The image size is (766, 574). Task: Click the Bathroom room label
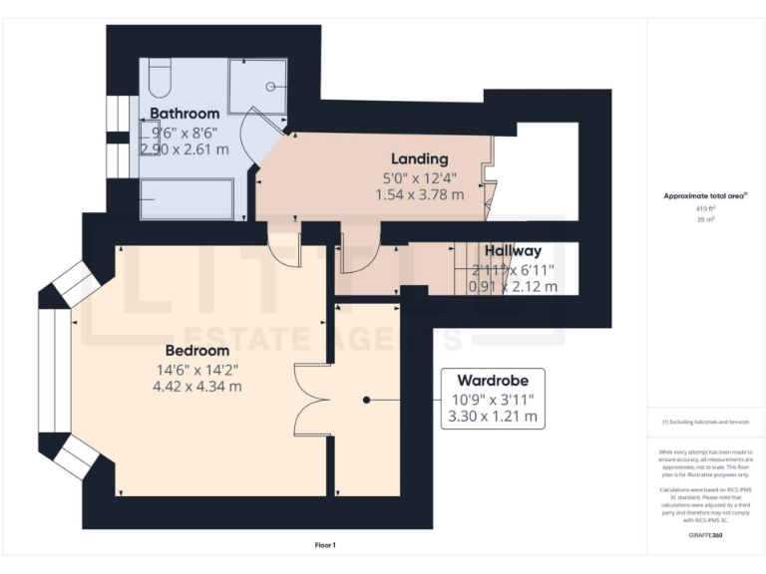point(185,114)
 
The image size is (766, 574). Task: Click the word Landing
point(419,158)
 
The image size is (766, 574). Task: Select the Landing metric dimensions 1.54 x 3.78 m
point(419,194)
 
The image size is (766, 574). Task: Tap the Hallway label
point(514,251)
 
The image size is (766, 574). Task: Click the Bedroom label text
point(196,351)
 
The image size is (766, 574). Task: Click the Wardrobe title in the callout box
point(493,381)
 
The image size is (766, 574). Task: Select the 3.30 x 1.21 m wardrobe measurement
point(493,416)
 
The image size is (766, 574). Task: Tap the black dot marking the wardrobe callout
point(367,400)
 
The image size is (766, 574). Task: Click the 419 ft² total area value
point(705,208)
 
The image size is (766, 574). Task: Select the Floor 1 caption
point(324,545)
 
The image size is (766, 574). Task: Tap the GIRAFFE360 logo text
point(705,536)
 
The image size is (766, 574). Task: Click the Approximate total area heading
point(704,196)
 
